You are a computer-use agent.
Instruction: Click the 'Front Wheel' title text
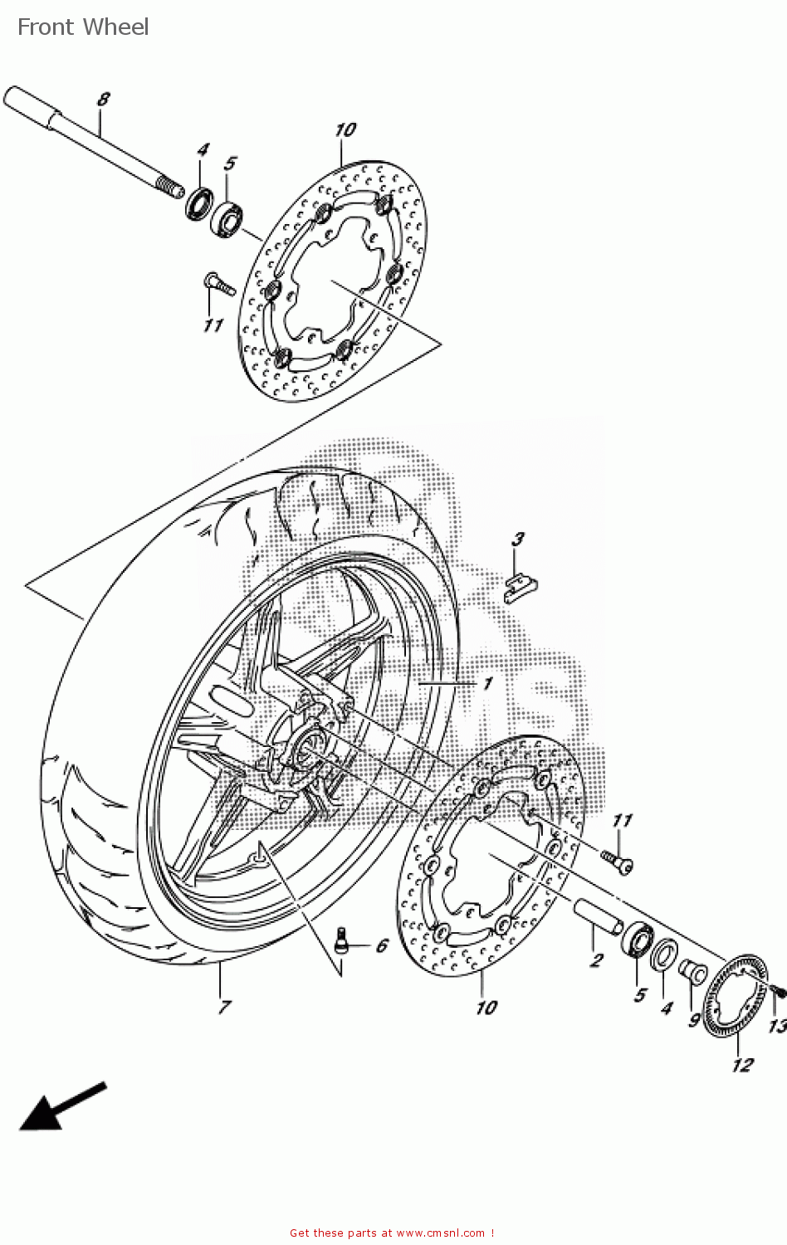coord(83,27)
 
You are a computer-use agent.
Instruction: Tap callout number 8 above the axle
coord(103,100)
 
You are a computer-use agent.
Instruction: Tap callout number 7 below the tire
coord(223,1008)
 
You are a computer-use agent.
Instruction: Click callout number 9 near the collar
coord(694,1020)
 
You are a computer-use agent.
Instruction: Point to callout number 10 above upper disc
coord(345,130)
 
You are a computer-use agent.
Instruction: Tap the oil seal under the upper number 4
coord(198,204)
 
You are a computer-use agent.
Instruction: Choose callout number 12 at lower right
coord(741,1065)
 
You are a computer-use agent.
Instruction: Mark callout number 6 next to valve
coord(382,946)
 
